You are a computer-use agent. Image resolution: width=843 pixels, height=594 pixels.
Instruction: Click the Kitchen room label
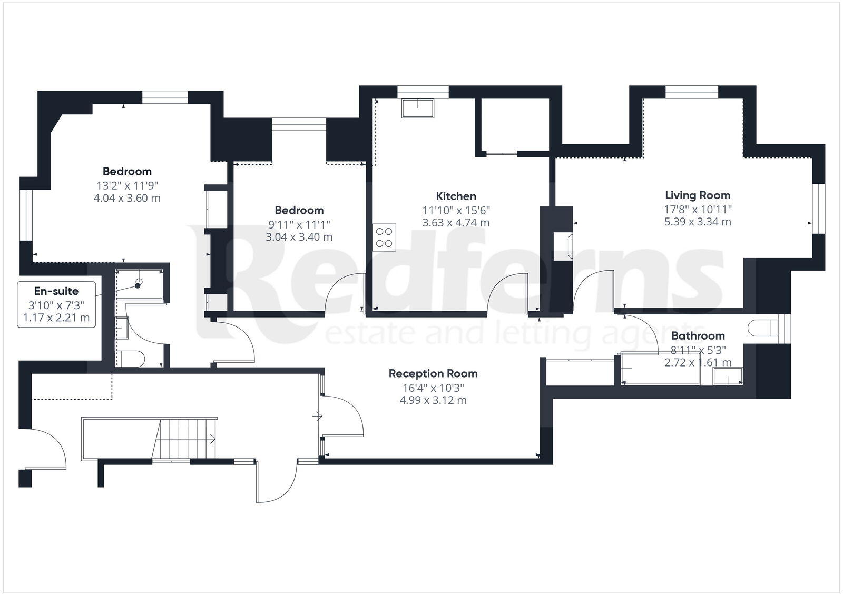click(x=456, y=196)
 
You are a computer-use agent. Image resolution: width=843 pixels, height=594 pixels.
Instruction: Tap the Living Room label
click(x=697, y=195)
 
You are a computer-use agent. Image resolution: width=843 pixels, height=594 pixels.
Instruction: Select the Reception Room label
click(x=433, y=373)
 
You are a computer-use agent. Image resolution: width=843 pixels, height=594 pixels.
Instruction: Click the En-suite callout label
click(x=56, y=291)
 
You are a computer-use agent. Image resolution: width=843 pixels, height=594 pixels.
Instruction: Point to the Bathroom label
click(x=698, y=335)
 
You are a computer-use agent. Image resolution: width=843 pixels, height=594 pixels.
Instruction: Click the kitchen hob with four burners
click(x=384, y=236)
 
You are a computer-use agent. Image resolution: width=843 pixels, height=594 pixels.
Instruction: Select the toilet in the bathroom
click(x=762, y=327)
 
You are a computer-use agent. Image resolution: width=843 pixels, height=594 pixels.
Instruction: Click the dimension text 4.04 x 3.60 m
click(x=127, y=199)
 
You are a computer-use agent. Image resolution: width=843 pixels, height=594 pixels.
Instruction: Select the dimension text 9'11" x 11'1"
click(x=299, y=224)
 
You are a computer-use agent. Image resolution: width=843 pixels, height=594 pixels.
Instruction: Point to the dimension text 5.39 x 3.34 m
click(x=697, y=222)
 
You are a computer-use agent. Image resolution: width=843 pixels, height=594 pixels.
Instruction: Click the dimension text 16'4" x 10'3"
click(x=433, y=388)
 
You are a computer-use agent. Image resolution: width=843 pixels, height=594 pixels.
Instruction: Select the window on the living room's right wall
click(x=818, y=208)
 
